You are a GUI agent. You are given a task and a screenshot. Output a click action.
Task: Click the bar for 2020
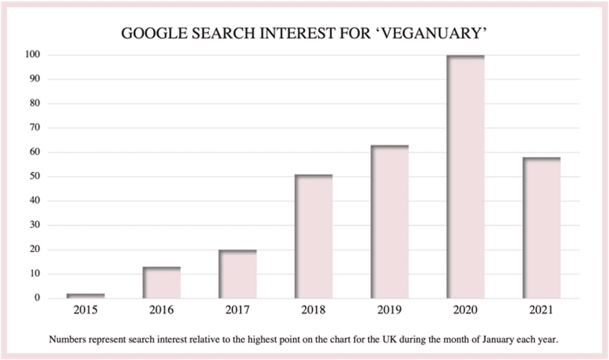465,177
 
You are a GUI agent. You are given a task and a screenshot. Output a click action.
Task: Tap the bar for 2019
389,222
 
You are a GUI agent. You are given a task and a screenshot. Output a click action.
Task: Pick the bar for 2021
541,227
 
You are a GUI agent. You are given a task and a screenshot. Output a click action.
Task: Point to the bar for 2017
238,274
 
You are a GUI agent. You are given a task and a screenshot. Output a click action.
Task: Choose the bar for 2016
162,283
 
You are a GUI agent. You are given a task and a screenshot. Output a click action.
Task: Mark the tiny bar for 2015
86,295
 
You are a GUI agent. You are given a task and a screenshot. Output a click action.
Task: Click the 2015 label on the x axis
86,311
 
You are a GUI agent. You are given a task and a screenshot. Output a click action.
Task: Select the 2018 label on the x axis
314,311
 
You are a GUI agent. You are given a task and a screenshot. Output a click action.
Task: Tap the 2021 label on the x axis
541,311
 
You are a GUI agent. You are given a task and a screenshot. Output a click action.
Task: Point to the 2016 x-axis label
162,311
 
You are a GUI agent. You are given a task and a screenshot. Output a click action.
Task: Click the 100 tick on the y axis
32,55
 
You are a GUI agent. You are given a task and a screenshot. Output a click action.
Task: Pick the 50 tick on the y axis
35,177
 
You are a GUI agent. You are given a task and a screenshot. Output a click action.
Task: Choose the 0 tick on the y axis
37,298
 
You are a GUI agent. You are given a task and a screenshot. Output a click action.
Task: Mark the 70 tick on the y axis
35,128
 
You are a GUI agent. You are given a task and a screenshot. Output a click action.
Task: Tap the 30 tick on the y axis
35,226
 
